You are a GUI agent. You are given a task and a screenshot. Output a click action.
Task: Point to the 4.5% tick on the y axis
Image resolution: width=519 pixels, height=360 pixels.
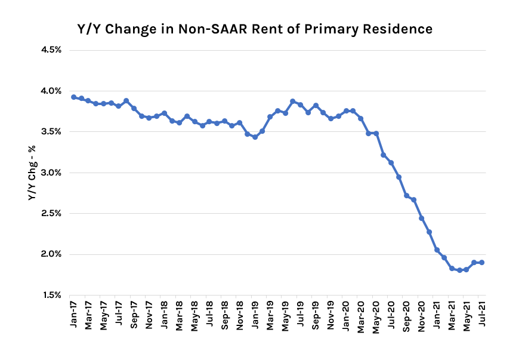pyautogui.click(x=51, y=50)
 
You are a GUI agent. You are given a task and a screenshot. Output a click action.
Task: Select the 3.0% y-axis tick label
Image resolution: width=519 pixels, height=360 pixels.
pyautogui.click(x=51, y=173)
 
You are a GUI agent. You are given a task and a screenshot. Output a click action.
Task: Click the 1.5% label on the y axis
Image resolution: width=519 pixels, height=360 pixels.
pyautogui.click(x=51, y=295)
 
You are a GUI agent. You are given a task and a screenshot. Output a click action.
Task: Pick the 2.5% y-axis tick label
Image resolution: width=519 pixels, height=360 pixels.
pyautogui.click(x=51, y=213)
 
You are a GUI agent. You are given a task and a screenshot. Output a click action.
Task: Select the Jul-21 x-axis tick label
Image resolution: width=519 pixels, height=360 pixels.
pyautogui.click(x=482, y=313)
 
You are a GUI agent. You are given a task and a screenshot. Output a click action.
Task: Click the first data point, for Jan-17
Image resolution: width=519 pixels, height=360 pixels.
pyautogui.click(x=73, y=97)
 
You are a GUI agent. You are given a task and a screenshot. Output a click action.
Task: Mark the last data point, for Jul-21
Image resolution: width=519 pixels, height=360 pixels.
pyautogui.click(x=481, y=262)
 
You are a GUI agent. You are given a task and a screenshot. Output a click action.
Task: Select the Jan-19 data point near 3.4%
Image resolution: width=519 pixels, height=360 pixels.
pyautogui.click(x=255, y=137)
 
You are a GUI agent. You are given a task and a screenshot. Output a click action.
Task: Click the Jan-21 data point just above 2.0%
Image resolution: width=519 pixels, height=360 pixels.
pyautogui.click(x=437, y=250)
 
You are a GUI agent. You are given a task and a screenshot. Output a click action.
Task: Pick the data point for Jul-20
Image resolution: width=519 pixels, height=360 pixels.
pyautogui.click(x=391, y=162)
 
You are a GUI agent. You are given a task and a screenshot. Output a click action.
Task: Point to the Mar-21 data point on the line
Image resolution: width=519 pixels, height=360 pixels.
pyautogui.click(x=452, y=269)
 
